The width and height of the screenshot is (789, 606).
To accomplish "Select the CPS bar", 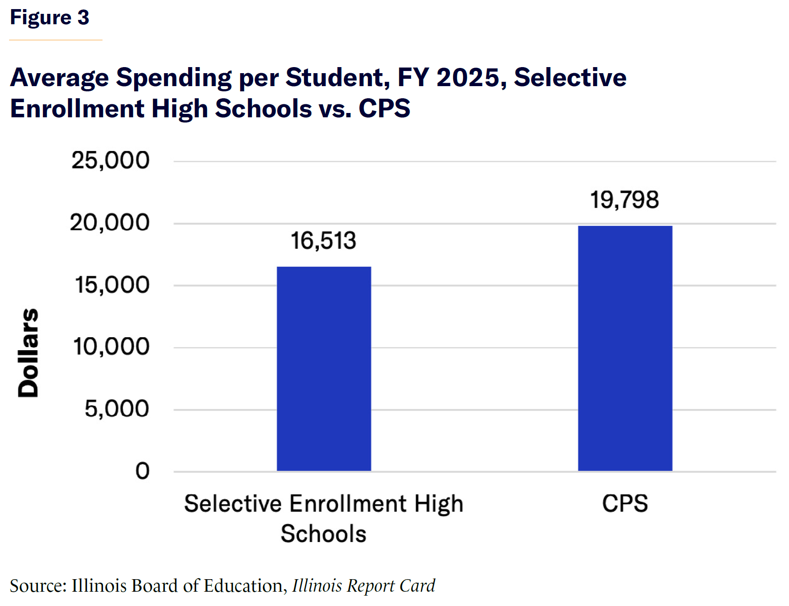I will pos(625,348).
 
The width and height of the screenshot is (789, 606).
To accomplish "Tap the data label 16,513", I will pos(323,241).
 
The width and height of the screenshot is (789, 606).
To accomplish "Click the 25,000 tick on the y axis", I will pos(110,161).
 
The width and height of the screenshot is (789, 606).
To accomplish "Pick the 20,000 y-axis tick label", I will pos(109,223).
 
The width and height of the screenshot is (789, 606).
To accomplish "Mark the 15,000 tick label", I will pos(112,285).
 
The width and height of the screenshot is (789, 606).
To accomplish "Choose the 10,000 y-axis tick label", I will pos(111,347).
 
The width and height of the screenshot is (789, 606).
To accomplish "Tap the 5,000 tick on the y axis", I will pos(117,409).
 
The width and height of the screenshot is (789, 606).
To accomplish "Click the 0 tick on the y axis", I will pos(142,471).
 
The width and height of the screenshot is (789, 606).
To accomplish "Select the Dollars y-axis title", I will pos(28,352).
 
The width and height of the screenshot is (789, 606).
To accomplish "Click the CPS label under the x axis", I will pos(625,503).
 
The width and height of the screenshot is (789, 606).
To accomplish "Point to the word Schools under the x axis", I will pos(323,534).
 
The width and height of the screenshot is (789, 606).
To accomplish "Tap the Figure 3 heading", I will pos(49,18).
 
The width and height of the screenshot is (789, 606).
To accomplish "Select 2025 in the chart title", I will pos(468,78).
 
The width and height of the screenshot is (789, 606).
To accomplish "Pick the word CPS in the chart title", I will pos(384,108).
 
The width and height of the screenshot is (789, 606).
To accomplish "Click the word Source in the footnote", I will pos(38,586).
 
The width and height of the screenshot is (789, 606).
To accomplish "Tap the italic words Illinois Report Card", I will pos(363,586).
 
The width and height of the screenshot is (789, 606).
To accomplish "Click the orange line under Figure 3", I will pos(56,40).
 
